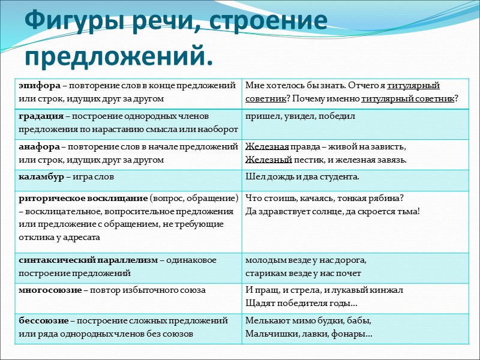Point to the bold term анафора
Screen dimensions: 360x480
tap(36, 146)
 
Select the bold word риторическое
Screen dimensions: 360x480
tap(46, 198)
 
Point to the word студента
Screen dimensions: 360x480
tap(340, 176)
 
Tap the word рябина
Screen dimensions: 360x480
tap(387, 198)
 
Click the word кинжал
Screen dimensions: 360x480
tap(389, 290)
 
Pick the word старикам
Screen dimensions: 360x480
tap(265, 273)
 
